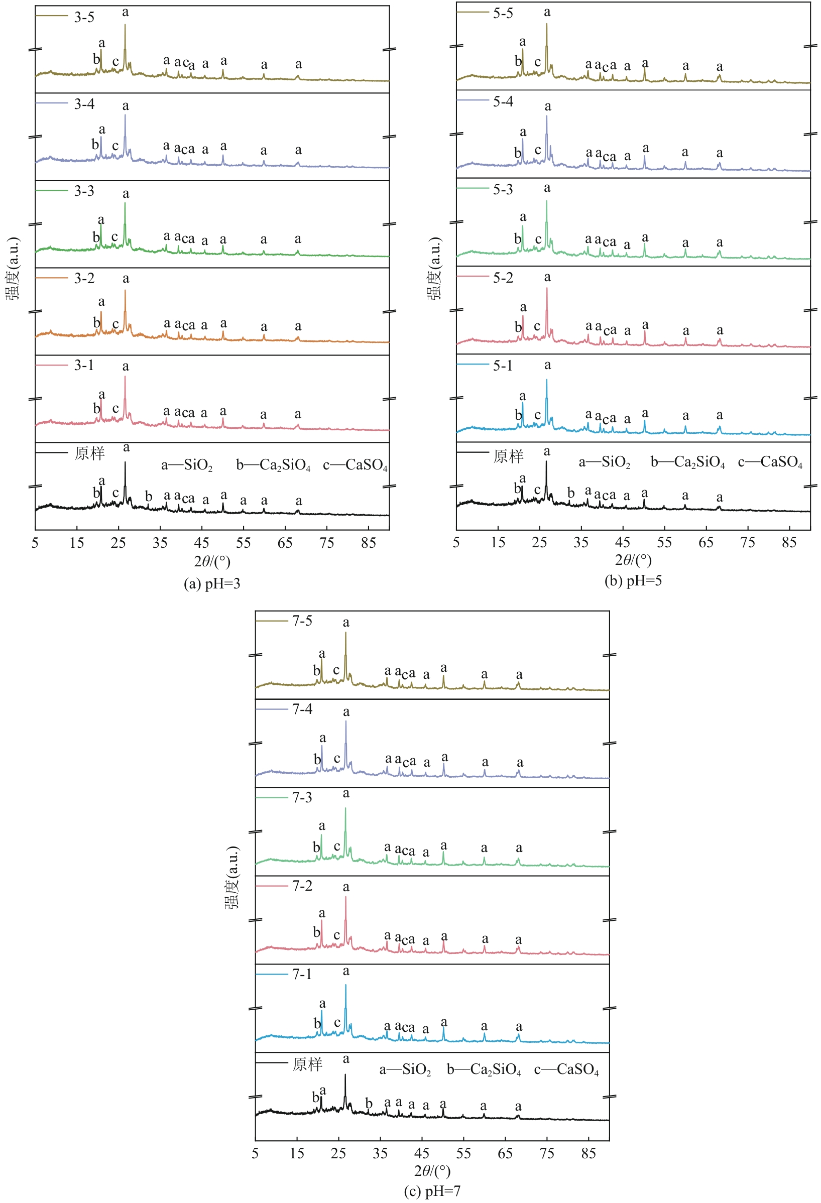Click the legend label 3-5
pos(84,17)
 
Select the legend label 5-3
pos(503,189)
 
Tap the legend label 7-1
pos(302,974)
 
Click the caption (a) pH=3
pos(212,583)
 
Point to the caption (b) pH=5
pos(633,580)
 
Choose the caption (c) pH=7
pos(432,1191)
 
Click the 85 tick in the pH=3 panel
pos(369,542)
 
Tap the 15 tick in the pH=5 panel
pos(498,542)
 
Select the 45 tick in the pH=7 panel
pos(422,1153)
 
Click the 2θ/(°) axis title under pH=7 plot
pos(432,1171)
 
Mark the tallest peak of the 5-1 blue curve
pos(547,381)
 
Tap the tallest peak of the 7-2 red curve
pos(346,897)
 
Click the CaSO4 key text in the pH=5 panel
pos(770,462)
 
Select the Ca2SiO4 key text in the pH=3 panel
pos(273,465)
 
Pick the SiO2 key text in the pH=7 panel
pos(405,1070)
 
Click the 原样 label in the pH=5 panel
pos(508,456)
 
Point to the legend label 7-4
pos(302,709)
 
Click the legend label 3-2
pos(84,279)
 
